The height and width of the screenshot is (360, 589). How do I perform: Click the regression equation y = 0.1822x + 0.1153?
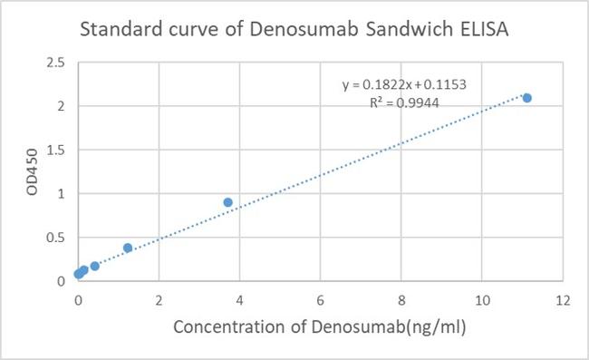tap(404, 84)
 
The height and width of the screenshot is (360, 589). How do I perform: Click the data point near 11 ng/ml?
tap(526, 98)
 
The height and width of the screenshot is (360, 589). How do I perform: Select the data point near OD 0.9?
tap(227, 202)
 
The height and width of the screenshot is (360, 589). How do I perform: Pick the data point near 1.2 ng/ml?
tap(128, 248)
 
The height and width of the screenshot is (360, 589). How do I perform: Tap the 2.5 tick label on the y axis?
tap(56, 63)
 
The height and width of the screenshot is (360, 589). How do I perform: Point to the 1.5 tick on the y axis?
tap(56, 150)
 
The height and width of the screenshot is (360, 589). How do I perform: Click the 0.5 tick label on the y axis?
tap(56, 238)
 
